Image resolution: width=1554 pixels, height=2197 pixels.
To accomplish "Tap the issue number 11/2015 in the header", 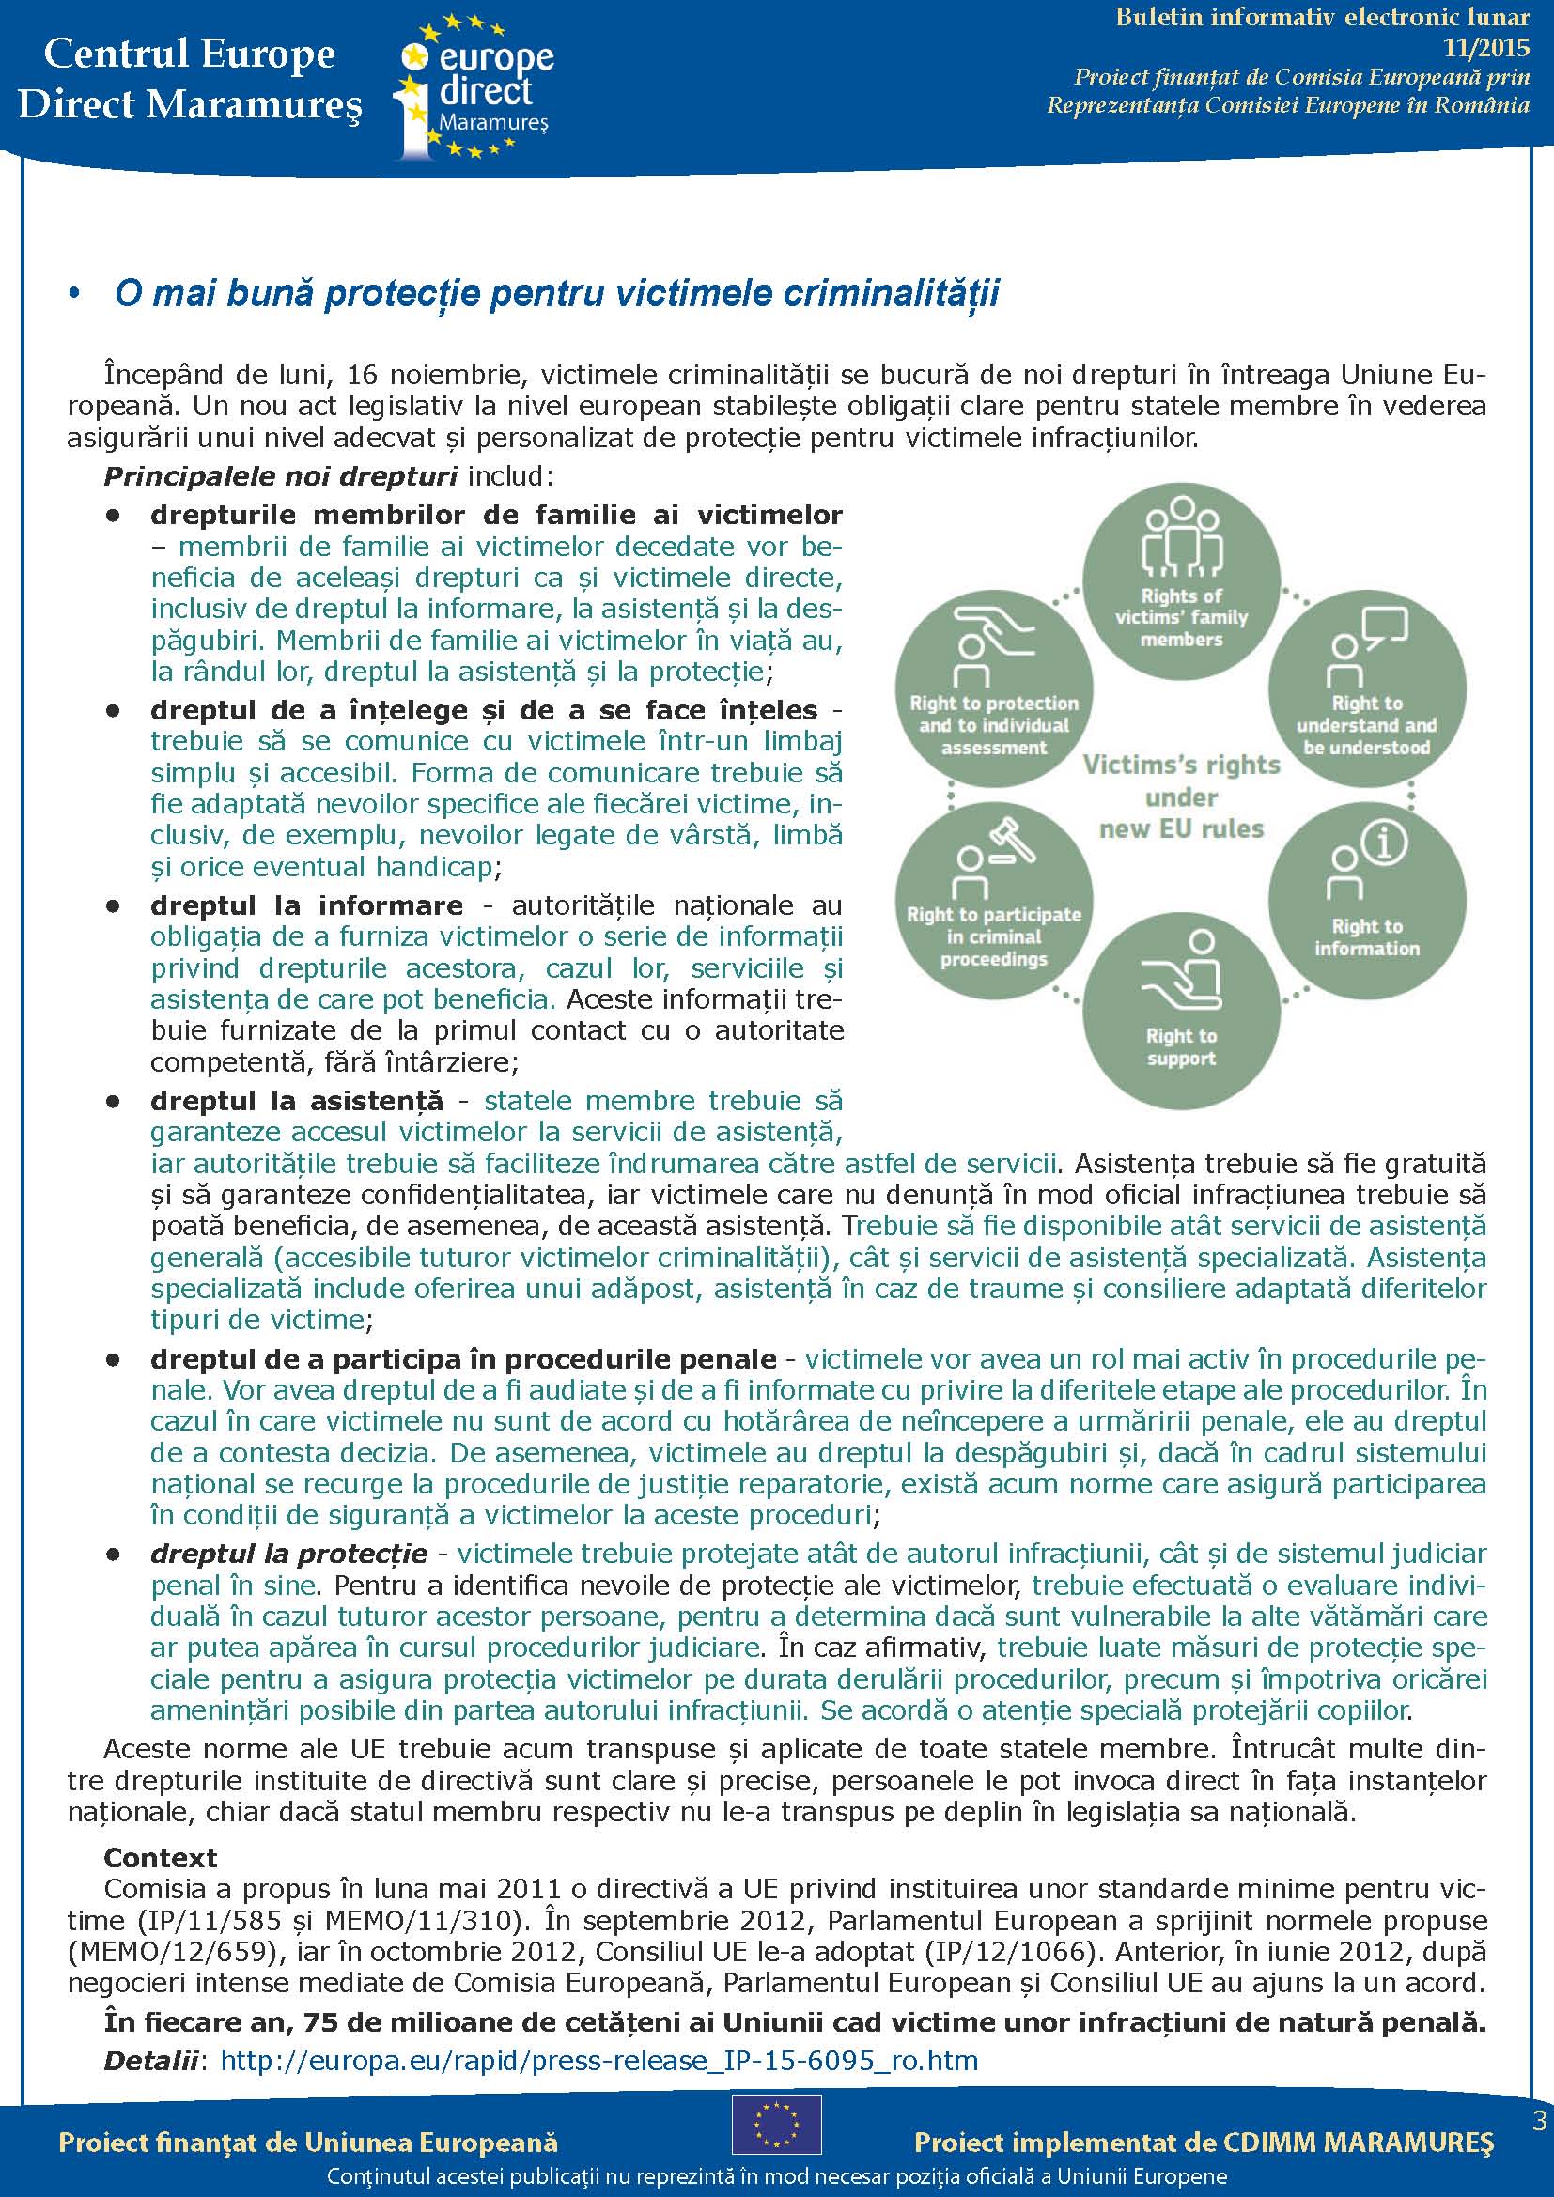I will [1486, 47].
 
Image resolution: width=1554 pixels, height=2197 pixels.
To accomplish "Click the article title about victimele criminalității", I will [556, 293].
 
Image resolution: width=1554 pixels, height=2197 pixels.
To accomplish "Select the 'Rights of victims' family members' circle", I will [1181, 581].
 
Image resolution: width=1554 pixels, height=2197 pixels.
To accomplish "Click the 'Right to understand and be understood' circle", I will [1366, 688].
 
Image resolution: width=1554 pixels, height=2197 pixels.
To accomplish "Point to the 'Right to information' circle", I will [1366, 901].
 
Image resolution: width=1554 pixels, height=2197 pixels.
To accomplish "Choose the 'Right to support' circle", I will [1181, 1012].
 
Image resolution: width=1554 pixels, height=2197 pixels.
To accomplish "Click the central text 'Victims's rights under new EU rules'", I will [1181, 797].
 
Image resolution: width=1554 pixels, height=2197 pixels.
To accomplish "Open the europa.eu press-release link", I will [599, 2060].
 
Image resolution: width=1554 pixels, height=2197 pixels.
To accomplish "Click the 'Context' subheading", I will [160, 1857].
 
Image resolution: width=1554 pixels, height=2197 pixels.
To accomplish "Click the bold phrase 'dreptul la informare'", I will [306, 905].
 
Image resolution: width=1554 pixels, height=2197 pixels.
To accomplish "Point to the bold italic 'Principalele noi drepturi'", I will [280, 475].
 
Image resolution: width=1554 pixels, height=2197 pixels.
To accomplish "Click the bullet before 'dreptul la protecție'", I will [114, 1555].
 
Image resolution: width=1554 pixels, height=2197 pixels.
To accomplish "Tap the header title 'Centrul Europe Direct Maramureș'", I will [190, 79].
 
